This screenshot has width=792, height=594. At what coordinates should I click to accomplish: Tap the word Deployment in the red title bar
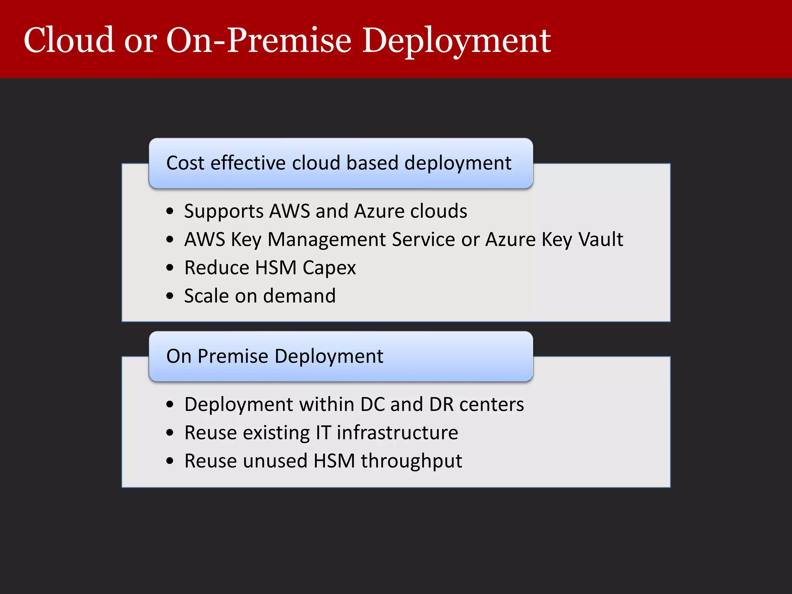tap(456, 41)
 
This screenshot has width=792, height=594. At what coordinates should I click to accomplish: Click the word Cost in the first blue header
tap(185, 163)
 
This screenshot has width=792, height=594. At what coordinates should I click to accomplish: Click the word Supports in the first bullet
tap(224, 212)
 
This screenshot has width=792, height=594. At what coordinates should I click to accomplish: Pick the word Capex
tap(329, 268)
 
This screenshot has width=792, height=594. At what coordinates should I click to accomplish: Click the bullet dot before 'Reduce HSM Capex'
tap(170, 268)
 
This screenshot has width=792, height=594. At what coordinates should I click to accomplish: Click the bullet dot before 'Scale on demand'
tap(170, 296)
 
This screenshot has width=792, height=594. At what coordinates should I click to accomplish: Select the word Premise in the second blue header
tap(233, 356)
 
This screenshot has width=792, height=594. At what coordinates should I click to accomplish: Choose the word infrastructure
tap(397, 433)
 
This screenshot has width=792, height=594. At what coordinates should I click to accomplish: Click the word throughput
tap(411, 461)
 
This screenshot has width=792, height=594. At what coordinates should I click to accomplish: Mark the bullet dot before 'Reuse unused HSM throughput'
tap(170, 461)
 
